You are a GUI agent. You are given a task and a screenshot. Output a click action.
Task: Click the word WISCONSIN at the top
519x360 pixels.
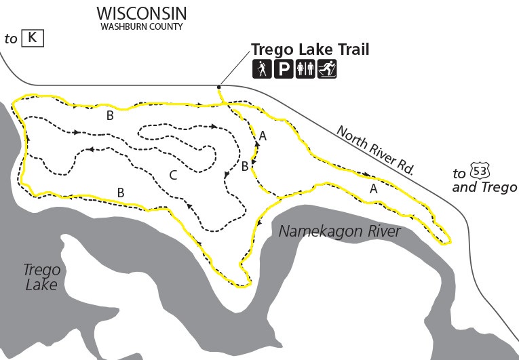(x=141, y=14)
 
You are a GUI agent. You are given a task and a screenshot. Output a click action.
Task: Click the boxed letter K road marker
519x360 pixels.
(x=32, y=38)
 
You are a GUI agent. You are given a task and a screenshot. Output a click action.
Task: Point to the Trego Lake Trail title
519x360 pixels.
(x=310, y=49)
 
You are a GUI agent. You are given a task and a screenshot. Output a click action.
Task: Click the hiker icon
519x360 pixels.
(x=262, y=68)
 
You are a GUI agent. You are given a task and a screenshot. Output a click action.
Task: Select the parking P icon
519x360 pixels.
(x=284, y=68)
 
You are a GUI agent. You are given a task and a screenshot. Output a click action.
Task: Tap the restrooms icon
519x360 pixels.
(x=305, y=68)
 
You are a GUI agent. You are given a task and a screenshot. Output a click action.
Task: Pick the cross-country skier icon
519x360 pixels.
(x=327, y=68)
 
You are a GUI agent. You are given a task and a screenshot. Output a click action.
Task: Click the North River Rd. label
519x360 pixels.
(x=374, y=151)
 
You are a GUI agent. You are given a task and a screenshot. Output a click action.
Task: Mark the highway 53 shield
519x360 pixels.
(x=479, y=172)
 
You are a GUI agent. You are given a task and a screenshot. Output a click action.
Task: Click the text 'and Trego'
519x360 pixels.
(x=484, y=187)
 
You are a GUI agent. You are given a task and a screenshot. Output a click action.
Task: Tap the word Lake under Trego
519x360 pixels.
(x=41, y=285)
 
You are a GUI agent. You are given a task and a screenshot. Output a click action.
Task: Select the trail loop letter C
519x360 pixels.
(x=173, y=176)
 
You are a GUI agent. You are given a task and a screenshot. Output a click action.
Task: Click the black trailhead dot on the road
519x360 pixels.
(x=218, y=87)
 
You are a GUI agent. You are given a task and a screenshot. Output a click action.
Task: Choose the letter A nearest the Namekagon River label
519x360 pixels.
(x=373, y=190)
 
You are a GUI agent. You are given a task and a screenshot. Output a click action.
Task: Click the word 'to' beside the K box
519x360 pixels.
(x=11, y=39)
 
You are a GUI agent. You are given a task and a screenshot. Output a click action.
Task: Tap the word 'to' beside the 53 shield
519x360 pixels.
(x=459, y=174)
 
